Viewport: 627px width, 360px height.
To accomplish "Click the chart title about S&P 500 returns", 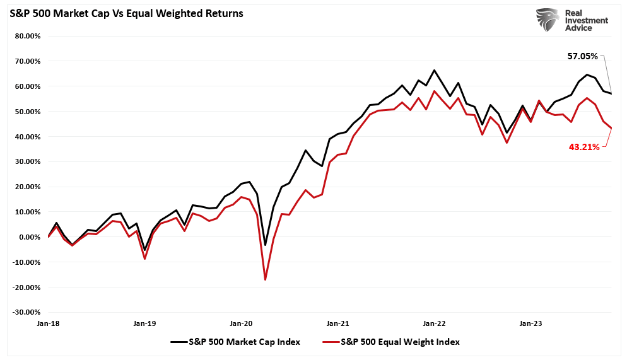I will coord(126,13).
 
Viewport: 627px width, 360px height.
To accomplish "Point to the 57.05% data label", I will coord(582,56).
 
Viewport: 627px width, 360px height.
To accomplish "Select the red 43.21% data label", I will coord(583,148).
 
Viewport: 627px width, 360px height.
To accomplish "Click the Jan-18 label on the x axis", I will coord(49,323).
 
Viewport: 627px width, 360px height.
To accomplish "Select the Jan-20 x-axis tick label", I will coord(241,323).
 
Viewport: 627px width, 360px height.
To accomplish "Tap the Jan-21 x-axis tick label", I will coord(337,323).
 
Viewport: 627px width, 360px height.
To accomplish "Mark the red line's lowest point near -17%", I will coord(266,280).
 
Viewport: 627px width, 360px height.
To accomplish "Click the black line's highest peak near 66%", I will coord(434,70).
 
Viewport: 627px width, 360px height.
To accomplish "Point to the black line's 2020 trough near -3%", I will coord(266,245).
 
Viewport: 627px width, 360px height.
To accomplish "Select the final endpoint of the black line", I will coord(611,94).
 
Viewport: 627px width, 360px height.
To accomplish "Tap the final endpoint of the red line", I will coord(611,129).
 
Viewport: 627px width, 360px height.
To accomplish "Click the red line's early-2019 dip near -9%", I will coord(145,259).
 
